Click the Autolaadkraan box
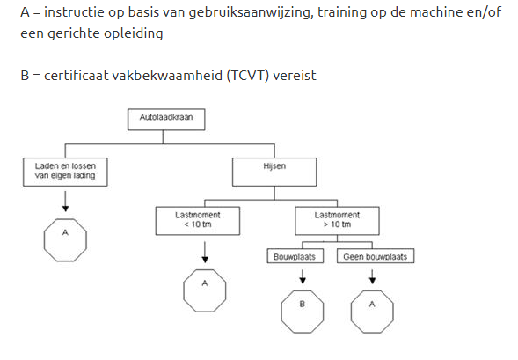166,120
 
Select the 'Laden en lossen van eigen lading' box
65,172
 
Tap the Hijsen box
274,172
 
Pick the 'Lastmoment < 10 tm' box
198,221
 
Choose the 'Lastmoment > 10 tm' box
337,221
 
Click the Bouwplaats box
295,256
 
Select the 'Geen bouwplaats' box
376,256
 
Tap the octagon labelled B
303,312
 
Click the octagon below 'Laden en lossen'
65,240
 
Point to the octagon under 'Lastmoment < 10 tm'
205,290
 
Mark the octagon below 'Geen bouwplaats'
372,312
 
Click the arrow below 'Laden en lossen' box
65,202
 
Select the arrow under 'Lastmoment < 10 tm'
205,253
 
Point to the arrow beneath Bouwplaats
303,276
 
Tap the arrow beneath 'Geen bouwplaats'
372,276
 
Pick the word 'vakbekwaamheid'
167,76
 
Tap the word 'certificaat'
77,76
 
